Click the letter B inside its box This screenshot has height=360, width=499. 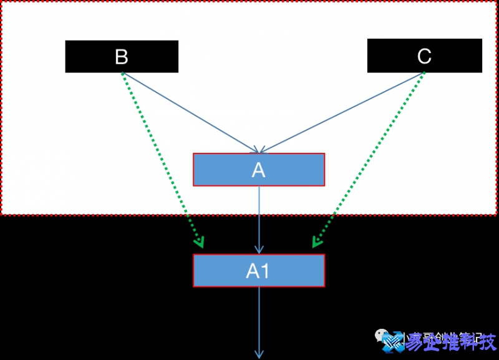[122, 57]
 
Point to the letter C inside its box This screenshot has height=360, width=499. [424, 57]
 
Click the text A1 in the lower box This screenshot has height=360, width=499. [258, 271]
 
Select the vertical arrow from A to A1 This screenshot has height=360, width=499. [259, 218]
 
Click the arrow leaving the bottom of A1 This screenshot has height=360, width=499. [259, 318]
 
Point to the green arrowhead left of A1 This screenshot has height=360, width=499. [199, 243]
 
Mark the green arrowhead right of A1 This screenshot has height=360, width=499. [316, 242]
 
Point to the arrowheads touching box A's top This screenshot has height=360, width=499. [259, 150]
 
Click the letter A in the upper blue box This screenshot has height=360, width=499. [259, 170]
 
